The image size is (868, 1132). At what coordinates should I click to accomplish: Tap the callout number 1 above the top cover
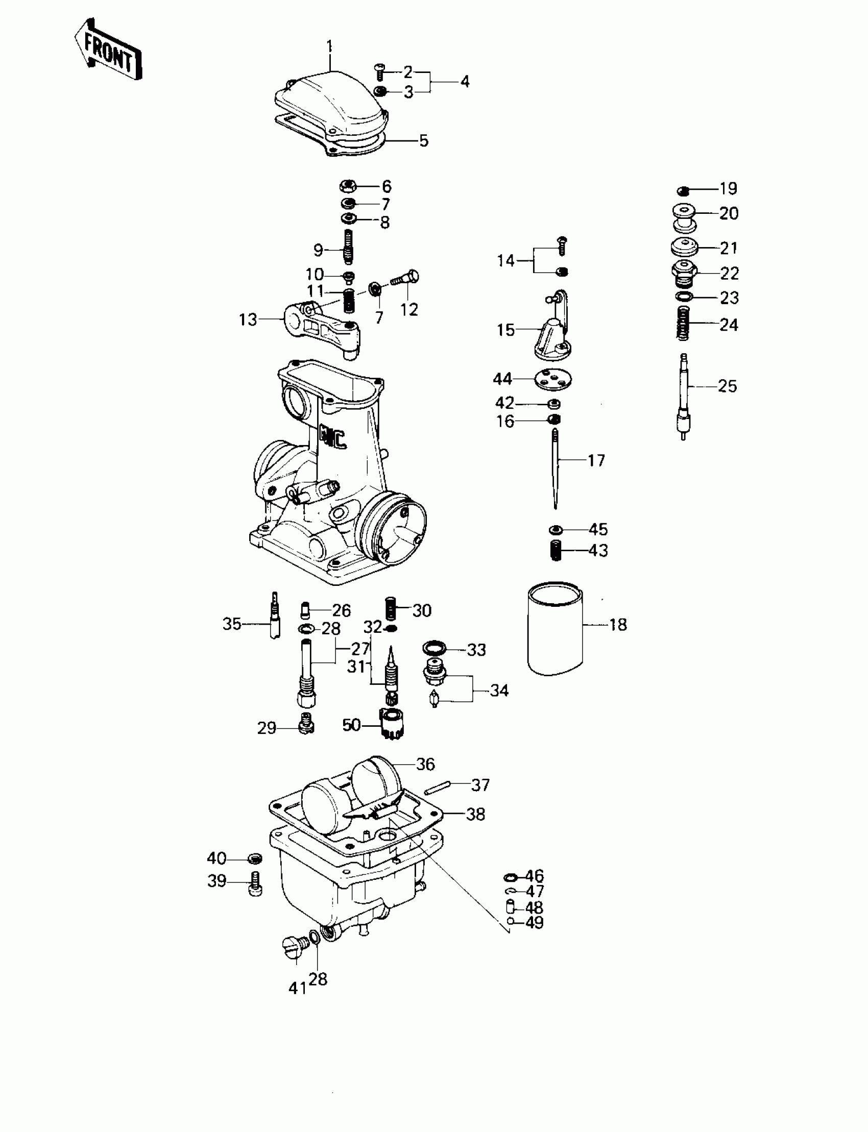(x=330, y=47)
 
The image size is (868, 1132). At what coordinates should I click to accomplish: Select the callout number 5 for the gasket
(x=424, y=140)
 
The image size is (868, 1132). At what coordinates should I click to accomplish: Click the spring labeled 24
(x=684, y=323)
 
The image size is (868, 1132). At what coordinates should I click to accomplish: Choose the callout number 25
(x=728, y=386)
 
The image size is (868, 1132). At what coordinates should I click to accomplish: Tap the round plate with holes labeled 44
(x=554, y=379)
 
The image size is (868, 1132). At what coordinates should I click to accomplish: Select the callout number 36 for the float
(x=425, y=765)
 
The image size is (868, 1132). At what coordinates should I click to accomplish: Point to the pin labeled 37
(x=438, y=789)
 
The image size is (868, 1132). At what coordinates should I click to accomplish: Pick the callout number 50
(x=351, y=725)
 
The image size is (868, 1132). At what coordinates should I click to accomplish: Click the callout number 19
(x=729, y=189)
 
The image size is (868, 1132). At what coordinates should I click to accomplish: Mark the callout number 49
(x=534, y=922)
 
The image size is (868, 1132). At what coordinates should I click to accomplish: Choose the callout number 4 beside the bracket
(x=465, y=81)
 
